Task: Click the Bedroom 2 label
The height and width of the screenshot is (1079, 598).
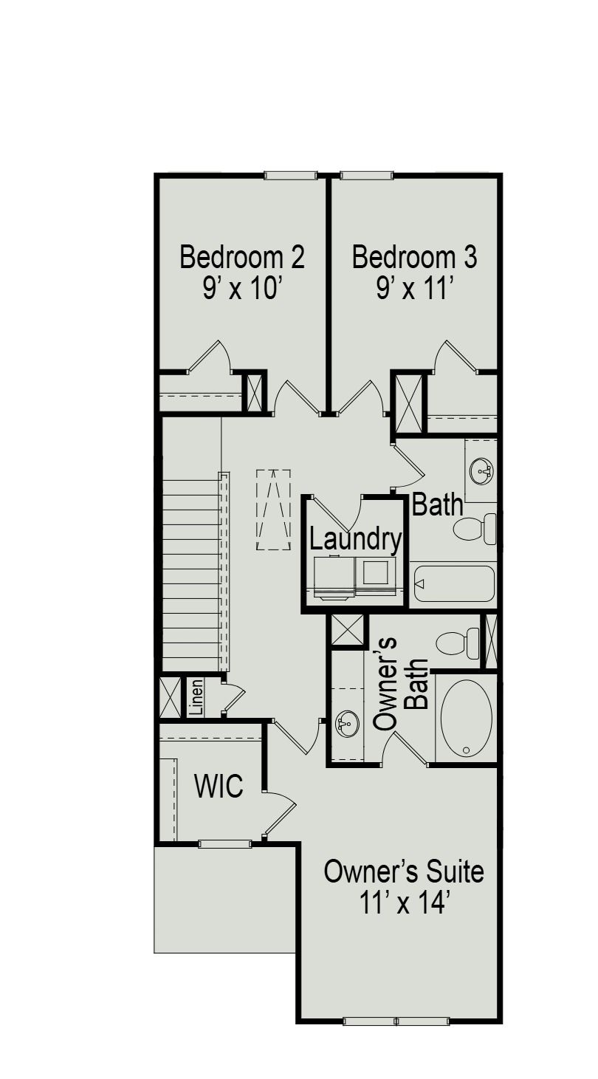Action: pyautogui.click(x=242, y=258)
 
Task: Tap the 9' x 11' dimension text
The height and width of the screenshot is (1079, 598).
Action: pyautogui.click(x=414, y=288)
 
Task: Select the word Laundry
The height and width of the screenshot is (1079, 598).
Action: pyautogui.click(x=355, y=539)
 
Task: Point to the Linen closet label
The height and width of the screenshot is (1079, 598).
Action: pyautogui.click(x=196, y=697)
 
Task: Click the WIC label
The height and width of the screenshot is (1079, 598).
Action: pyautogui.click(x=219, y=787)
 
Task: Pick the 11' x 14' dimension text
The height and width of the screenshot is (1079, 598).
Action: pyautogui.click(x=404, y=902)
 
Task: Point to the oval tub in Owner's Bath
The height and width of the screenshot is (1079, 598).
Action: pyautogui.click(x=466, y=718)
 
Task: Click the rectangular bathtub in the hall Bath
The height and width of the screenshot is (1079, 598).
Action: pyautogui.click(x=453, y=584)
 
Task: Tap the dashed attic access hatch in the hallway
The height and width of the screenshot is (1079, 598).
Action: pyautogui.click(x=273, y=510)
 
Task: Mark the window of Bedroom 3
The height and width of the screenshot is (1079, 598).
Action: pyautogui.click(x=367, y=175)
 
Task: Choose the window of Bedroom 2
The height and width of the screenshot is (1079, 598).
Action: pyautogui.click(x=290, y=175)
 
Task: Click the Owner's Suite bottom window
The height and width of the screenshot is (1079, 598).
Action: pyautogui.click(x=396, y=1021)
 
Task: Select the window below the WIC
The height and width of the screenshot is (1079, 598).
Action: pyautogui.click(x=224, y=843)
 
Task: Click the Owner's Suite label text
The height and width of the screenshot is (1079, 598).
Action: pyautogui.click(x=404, y=871)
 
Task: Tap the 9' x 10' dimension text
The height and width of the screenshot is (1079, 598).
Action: pyautogui.click(x=241, y=288)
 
